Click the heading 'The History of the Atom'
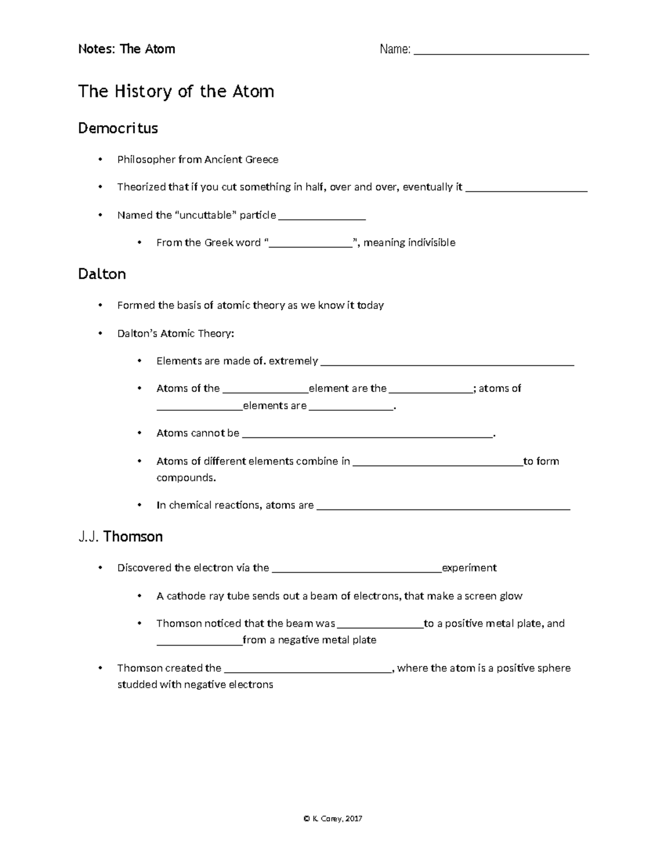[x=176, y=91]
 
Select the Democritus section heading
[x=118, y=128]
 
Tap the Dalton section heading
[x=102, y=274]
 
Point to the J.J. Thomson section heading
[x=120, y=537]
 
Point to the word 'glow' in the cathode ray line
[x=511, y=596]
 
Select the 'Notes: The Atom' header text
[x=127, y=49]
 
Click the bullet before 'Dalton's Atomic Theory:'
[x=100, y=334]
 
